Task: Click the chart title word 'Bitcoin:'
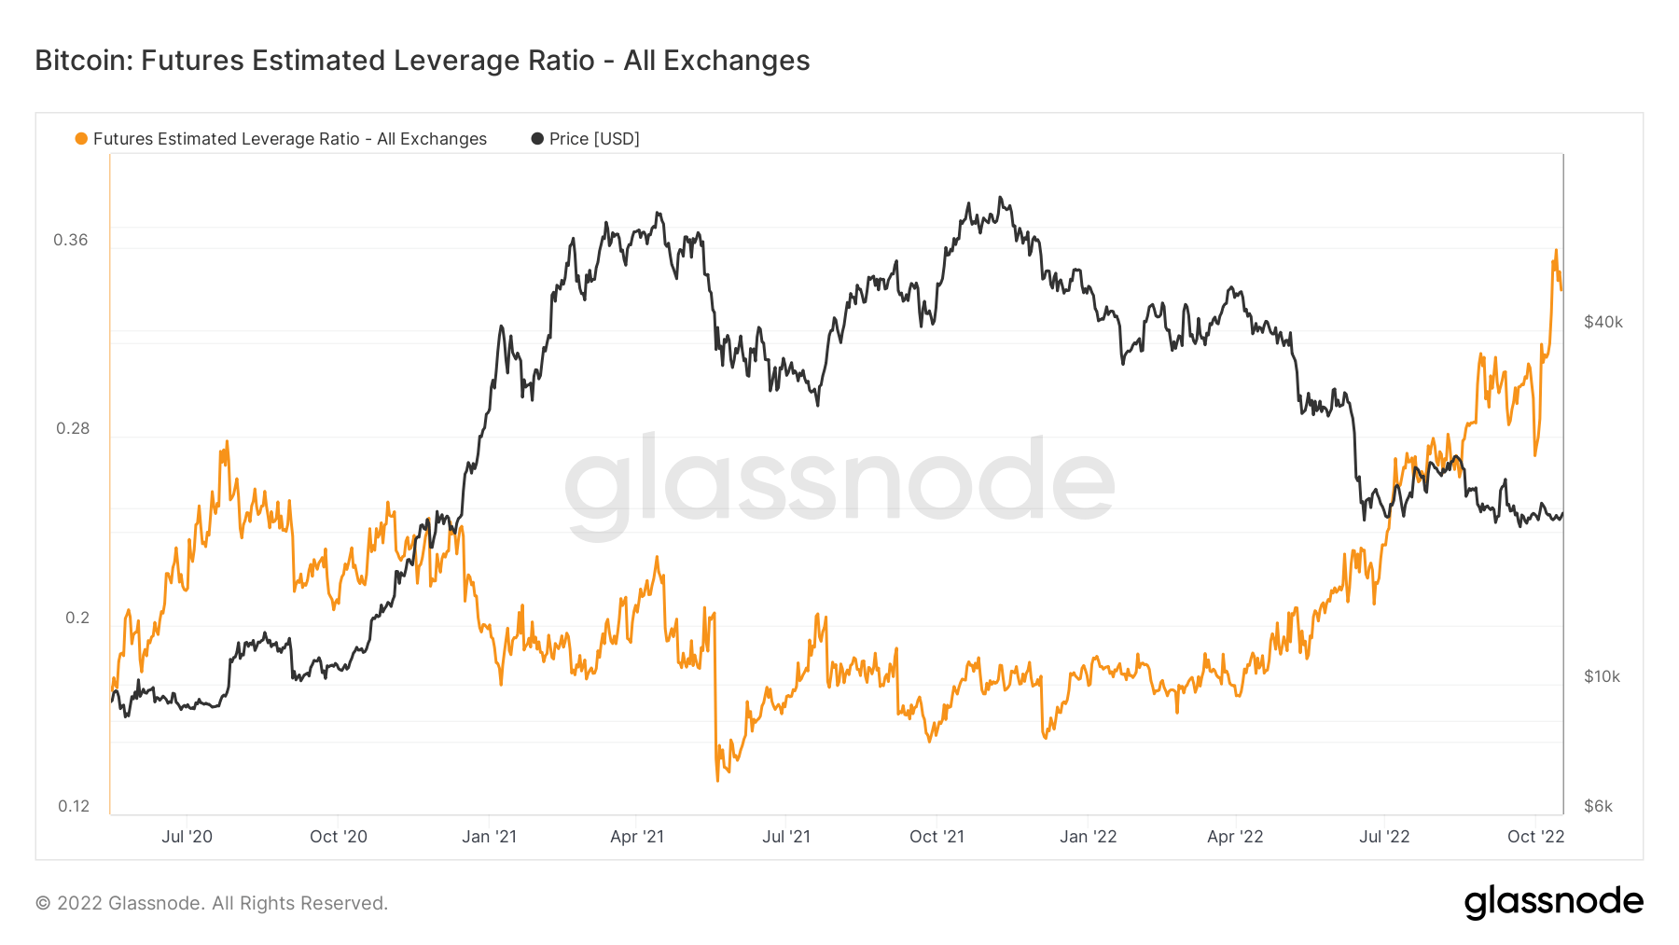(83, 61)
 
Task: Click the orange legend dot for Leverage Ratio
(81, 139)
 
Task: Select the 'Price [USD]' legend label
(594, 139)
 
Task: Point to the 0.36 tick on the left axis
(71, 240)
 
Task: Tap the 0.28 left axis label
(73, 428)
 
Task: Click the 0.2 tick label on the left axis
(76, 618)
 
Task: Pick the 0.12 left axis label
(74, 806)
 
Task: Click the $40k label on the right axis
(1603, 322)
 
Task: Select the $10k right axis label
(1602, 676)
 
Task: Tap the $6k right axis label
(1598, 806)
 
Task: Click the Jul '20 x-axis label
(187, 837)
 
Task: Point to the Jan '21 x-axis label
(489, 837)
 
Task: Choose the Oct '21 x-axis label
(937, 837)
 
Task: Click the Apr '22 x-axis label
(1235, 837)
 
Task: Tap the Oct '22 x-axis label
(1535, 837)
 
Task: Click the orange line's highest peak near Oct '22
(1555, 250)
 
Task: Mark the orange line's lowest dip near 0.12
(717, 780)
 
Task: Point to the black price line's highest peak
(1001, 198)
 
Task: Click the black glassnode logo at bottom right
(1553, 902)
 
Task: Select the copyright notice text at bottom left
(212, 903)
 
